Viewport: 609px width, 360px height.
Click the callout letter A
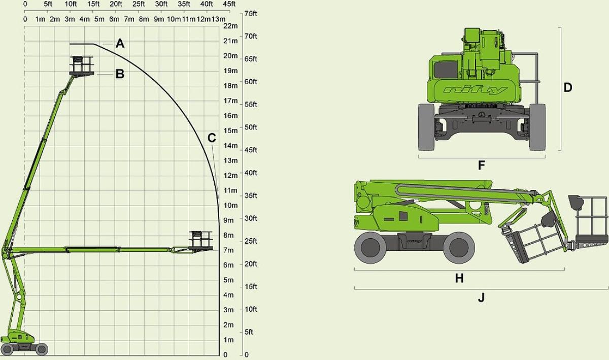coord(120,44)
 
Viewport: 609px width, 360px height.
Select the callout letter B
coord(120,74)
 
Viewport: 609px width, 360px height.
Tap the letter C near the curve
coord(212,138)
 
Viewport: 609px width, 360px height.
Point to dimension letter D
coord(568,88)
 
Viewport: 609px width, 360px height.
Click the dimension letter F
coord(482,165)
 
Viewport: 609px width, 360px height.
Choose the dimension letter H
coord(459,278)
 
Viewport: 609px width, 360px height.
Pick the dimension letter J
coord(481,298)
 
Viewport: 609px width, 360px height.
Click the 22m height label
coord(230,26)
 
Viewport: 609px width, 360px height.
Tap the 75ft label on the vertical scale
coord(251,13)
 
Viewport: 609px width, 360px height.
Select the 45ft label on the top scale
coord(229,4)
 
